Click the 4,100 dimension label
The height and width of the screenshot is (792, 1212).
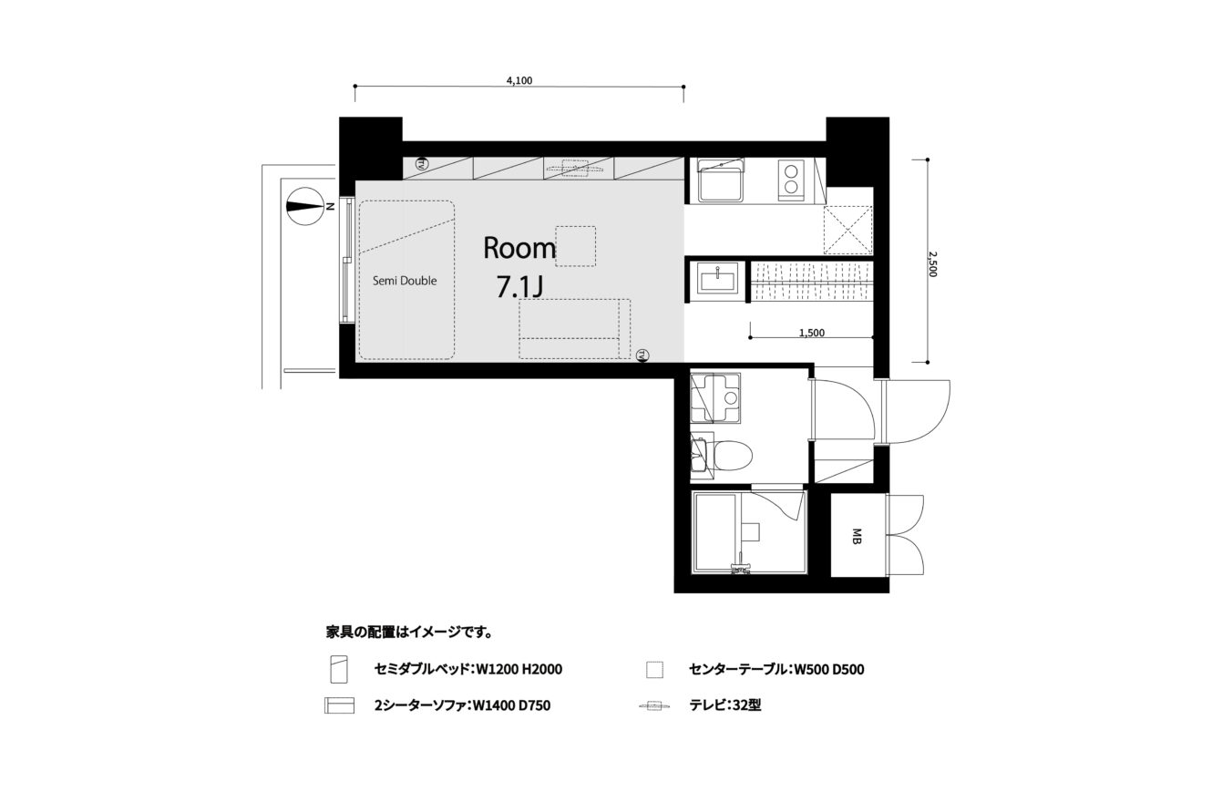point(519,80)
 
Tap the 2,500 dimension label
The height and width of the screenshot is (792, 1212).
point(931,264)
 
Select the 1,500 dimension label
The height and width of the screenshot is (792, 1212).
point(812,333)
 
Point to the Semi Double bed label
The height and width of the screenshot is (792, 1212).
point(405,280)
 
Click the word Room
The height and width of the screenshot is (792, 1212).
point(519,248)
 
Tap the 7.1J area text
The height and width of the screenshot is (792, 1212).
point(519,287)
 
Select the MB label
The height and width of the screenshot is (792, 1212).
point(857,536)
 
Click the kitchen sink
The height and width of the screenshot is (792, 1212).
point(719,180)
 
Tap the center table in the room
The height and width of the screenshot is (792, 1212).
point(576,246)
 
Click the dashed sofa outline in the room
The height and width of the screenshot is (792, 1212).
point(575,328)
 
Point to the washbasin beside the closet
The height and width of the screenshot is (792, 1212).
point(717,278)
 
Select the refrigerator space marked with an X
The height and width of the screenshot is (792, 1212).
point(847,230)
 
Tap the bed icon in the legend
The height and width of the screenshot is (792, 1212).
point(339,669)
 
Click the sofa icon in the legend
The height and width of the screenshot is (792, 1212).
point(339,705)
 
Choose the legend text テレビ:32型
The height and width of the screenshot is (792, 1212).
point(725,705)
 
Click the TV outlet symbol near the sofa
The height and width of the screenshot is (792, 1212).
point(642,355)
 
